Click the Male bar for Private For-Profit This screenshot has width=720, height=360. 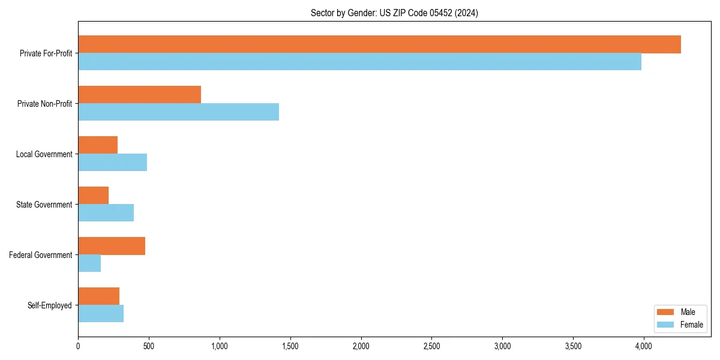[379, 44]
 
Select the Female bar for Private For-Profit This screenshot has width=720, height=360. [359, 61]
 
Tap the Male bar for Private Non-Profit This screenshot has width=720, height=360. [139, 95]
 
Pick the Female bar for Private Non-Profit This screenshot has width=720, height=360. [178, 112]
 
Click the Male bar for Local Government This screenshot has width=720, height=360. [98, 145]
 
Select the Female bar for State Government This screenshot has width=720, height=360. [106, 212]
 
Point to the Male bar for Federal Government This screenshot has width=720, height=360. [112, 246]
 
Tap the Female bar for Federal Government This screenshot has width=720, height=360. [89, 263]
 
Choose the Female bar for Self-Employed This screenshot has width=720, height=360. [101, 313]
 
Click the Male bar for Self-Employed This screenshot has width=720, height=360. [98, 296]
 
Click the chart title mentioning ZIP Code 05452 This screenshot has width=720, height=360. [394, 13]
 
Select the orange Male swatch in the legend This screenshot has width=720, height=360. [666, 312]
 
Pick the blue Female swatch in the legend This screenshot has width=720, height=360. [666, 325]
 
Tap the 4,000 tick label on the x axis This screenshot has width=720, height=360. [644, 346]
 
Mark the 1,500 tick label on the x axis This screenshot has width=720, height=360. [290, 346]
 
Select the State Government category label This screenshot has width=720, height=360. [44, 205]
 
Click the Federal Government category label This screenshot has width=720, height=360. [41, 255]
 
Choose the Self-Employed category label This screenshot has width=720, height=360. [50, 305]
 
